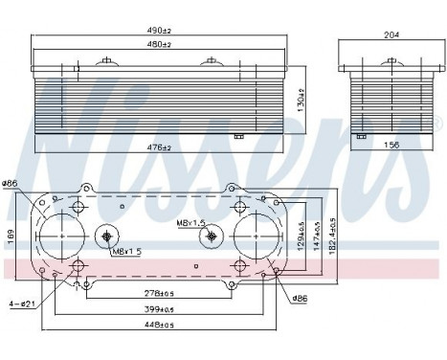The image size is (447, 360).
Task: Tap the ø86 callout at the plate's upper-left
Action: coord(11,183)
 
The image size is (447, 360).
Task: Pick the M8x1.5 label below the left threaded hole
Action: coord(125,252)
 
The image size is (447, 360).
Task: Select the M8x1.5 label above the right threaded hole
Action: coord(191,222)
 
